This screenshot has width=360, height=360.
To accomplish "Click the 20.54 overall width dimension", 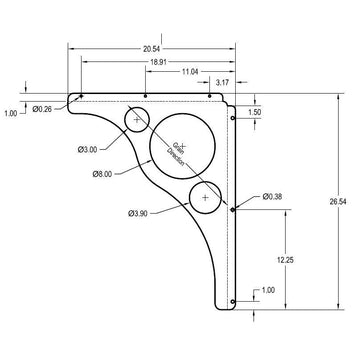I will point(151,48).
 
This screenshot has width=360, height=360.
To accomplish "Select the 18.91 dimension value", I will point(159,61).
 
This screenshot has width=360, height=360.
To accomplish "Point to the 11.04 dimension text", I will point(190,72).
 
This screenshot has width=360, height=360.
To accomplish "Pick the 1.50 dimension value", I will point(255,113).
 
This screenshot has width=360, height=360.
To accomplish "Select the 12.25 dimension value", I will point(286,258).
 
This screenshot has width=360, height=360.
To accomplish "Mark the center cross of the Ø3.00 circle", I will point(137,120).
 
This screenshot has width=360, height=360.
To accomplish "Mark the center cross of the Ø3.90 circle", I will point(205,198).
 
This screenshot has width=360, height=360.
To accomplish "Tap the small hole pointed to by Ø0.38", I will point(233,209).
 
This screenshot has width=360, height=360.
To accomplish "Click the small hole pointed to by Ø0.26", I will point(81,97).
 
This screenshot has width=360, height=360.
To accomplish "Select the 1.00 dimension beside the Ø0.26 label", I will point(11,113).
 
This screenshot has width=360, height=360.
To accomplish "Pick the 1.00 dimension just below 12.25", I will point(267,290).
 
